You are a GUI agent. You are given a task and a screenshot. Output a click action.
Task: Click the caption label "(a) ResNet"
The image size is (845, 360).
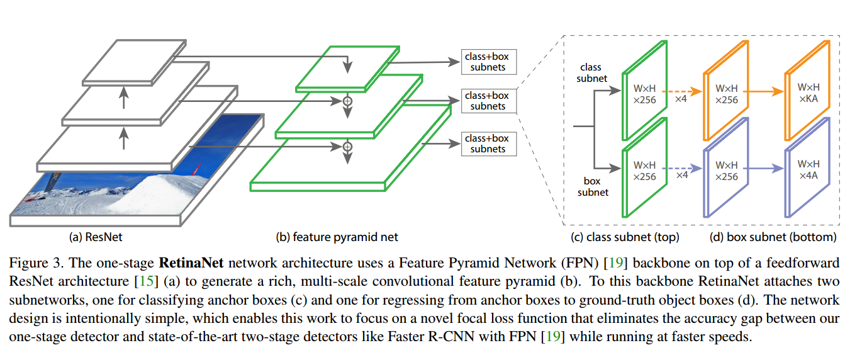96,237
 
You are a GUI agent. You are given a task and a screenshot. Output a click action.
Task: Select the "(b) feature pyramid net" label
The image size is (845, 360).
337,237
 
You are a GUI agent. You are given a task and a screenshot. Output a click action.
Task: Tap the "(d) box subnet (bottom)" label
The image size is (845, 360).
773,237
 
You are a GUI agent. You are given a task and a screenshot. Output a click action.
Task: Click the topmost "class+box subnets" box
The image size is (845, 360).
489,62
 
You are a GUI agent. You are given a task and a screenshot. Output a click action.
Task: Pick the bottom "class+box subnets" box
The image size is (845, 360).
489,143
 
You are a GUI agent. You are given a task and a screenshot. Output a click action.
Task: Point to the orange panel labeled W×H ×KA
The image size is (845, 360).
808,91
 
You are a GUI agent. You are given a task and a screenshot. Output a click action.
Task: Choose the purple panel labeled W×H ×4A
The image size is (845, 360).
808,167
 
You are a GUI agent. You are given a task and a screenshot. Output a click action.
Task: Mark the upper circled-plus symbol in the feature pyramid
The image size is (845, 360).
347,101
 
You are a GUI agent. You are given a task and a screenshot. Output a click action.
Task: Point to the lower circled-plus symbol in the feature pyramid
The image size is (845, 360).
347,147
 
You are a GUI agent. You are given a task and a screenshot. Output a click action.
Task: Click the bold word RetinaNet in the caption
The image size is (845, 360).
191,262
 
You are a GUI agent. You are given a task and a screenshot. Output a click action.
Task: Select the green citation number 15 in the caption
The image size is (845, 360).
147,281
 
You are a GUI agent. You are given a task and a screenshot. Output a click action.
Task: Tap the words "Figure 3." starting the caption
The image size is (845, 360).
36,263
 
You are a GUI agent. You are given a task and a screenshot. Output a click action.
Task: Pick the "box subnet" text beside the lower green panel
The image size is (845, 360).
593,187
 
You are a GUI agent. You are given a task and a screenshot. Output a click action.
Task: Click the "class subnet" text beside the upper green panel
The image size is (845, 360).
591,73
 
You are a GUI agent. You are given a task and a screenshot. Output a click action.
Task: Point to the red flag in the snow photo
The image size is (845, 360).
196,169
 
